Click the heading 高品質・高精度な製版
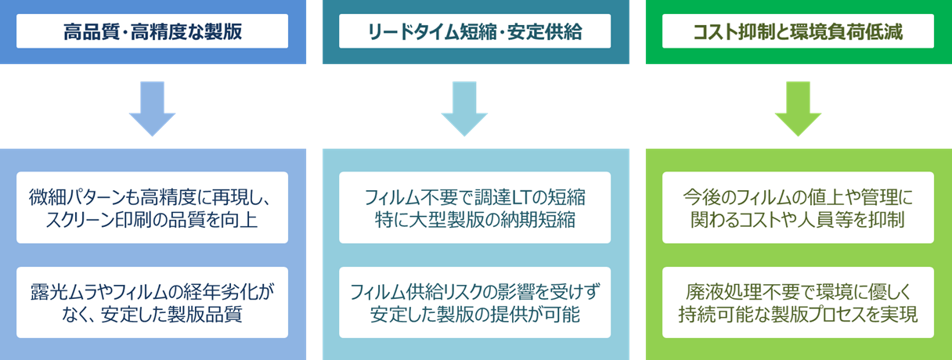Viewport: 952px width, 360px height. point(153,32)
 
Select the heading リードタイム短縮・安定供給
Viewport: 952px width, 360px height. point(475,32)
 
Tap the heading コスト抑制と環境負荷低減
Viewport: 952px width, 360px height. point(798,32)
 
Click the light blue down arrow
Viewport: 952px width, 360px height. point(152,110)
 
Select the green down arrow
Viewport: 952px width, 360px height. point(798,110)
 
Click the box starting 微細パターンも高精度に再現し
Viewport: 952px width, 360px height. point(153,207)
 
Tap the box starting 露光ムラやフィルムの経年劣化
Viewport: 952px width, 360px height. point(153,303)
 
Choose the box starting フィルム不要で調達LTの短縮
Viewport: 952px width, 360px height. point(475,207)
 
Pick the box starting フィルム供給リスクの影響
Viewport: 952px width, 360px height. point(475,303)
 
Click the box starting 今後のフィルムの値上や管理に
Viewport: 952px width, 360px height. point(798,207)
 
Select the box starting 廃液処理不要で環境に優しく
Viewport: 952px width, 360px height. point(798,303)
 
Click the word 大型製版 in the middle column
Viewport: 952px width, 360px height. point(450,218)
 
